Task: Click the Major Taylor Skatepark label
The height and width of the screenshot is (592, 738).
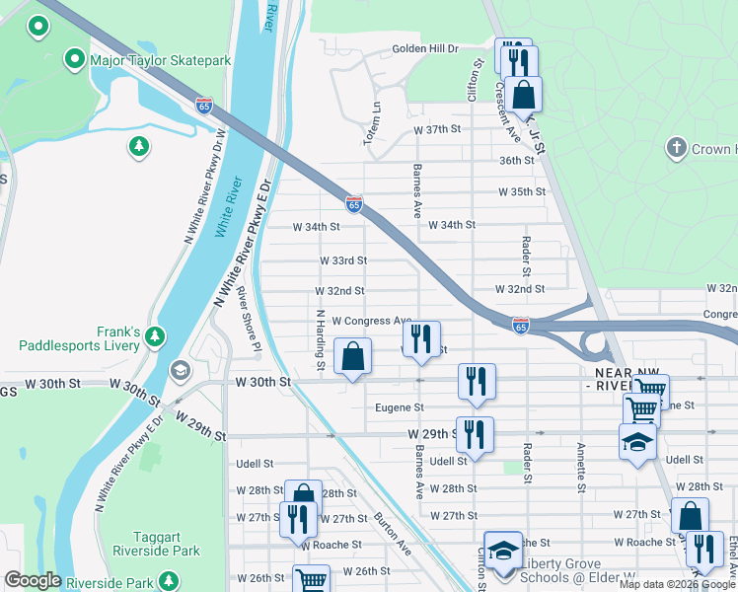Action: pos(160,61)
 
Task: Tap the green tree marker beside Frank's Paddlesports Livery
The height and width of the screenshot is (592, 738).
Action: pos(155,338)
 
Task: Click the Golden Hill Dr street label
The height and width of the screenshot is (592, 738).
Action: pos(426,48)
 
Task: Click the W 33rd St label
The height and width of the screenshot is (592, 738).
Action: pos(342,260)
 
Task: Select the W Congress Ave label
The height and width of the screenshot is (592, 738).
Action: pos(371,321)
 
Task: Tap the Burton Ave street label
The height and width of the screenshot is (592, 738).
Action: pos(391,534)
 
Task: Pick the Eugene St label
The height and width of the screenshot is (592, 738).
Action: pos(400,407)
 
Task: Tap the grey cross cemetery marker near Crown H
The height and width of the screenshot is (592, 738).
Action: pos(676,149)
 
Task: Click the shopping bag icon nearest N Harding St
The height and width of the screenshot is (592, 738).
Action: pos(352,357)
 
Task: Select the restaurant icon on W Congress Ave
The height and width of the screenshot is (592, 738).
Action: pos(422,338)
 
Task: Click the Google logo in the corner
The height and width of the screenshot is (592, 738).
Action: pos(34,580)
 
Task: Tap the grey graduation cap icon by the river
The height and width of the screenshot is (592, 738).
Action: pos(179,370)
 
